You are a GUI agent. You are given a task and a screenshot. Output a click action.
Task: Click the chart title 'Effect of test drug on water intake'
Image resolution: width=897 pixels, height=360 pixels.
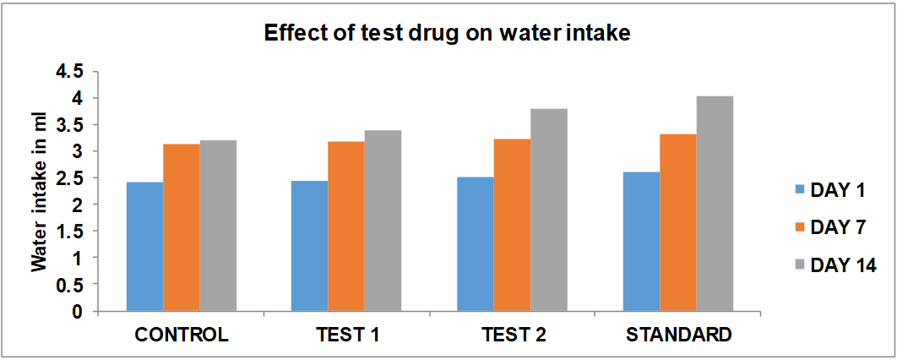[448, 34]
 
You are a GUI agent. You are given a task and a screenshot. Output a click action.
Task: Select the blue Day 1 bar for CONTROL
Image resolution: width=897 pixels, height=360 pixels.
[144, 247]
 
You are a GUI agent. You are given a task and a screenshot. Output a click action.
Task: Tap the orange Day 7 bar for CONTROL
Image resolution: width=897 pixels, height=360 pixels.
[182, 227]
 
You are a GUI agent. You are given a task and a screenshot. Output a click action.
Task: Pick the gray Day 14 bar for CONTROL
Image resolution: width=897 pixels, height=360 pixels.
[218, 226]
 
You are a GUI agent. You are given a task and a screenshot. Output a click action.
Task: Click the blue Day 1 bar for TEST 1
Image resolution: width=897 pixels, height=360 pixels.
[310, 246]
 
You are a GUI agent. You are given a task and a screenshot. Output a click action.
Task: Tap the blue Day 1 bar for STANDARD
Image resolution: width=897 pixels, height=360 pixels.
[641, 242]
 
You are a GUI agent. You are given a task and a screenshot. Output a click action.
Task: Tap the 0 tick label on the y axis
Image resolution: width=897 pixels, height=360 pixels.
[79, 312]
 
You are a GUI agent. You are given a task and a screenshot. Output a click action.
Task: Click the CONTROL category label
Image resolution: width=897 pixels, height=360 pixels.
[182, 335]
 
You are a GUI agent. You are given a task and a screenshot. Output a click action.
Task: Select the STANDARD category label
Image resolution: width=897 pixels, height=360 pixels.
[678, 335]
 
